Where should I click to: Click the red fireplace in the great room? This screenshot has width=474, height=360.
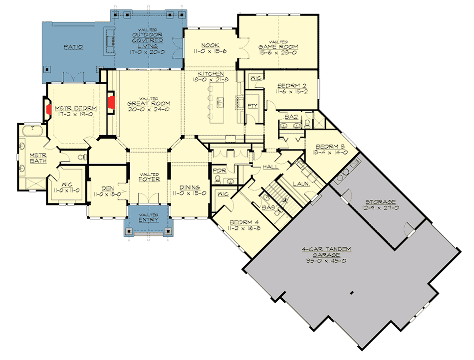[x=112, y=102]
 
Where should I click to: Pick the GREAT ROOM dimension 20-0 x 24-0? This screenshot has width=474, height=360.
[x=150, y=109]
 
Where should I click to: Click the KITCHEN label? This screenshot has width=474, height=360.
[x=211, y=73]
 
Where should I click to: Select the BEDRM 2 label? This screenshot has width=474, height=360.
[x=290, y=85]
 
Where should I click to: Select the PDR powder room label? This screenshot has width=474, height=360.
[x=220, y=171]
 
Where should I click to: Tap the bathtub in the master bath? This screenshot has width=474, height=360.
[x=31, y=131]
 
